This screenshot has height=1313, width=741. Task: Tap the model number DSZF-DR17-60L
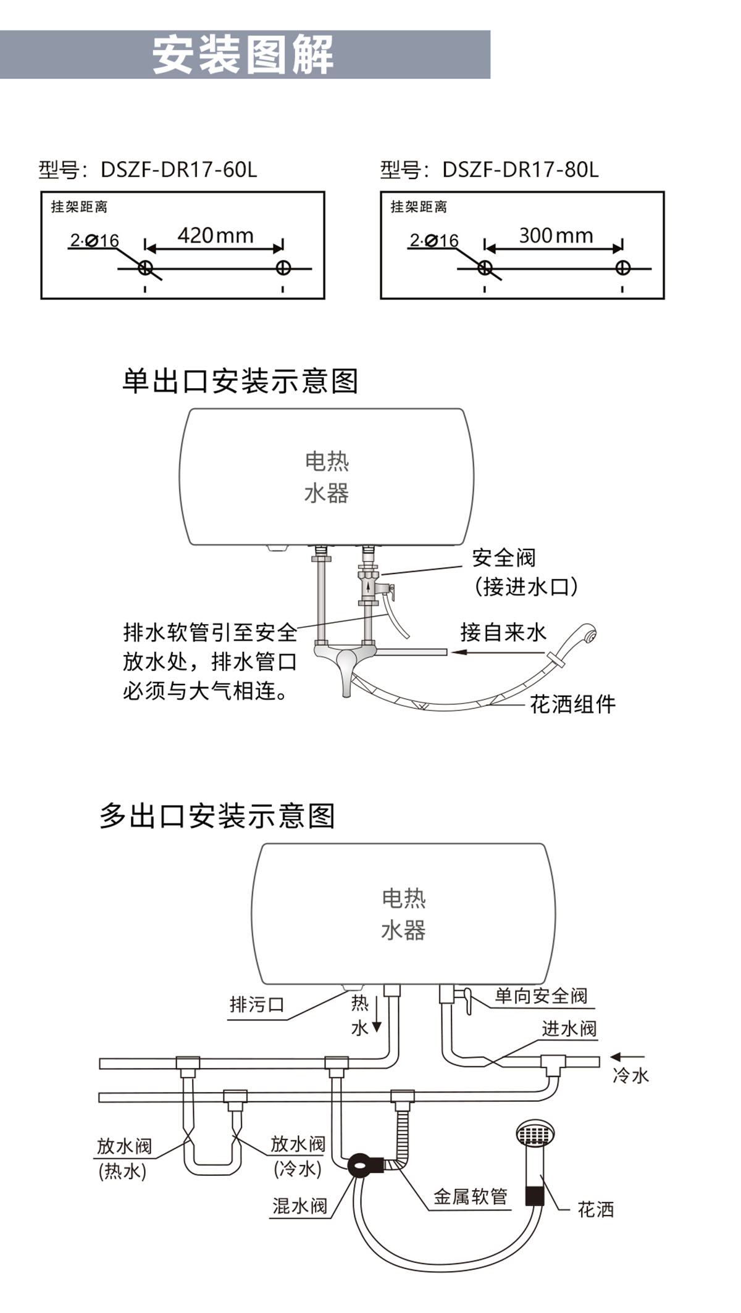point(178,169)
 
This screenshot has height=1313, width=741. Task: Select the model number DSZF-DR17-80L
point(520,169)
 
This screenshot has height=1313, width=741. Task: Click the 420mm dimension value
point(216,235)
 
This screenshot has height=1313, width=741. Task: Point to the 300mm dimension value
point(556,235)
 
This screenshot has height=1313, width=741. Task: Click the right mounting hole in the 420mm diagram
point(283,268)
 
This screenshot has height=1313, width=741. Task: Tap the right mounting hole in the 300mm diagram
point(622,268)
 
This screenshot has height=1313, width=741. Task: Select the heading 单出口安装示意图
point(240,381)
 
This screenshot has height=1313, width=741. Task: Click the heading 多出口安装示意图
point(217,815)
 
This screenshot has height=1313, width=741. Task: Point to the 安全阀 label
point(504,557)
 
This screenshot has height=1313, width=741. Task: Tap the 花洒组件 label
point(573,704)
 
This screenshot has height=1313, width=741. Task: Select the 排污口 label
point(257,1004)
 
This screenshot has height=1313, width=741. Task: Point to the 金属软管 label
point(470,1196)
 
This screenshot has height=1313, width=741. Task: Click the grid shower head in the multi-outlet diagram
point(535,1134)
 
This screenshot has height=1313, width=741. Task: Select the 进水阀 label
point(569,1028)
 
